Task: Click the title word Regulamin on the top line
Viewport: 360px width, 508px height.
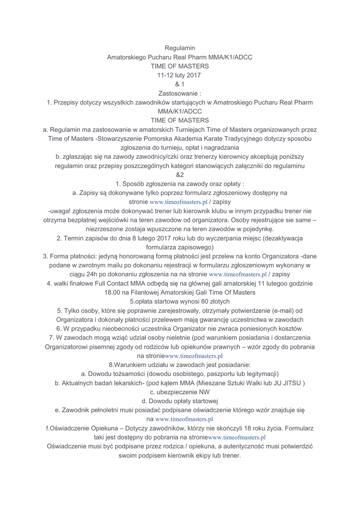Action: (x=180, y=48)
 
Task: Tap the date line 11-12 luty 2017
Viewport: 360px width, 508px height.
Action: (x=180, y=75)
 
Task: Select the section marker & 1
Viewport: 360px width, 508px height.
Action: (x=180, y=84)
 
